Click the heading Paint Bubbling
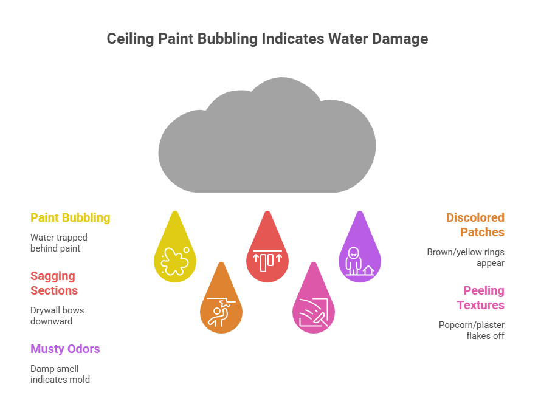point(71,217)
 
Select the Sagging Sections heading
point(54,283)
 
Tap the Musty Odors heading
point(65,349)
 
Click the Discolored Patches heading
point(475,225)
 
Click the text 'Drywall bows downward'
point(57,315)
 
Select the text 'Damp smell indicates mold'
point(60,374)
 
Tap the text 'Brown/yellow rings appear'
point(466,258)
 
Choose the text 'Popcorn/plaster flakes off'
point(472,330)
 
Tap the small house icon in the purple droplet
point(368,270)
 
